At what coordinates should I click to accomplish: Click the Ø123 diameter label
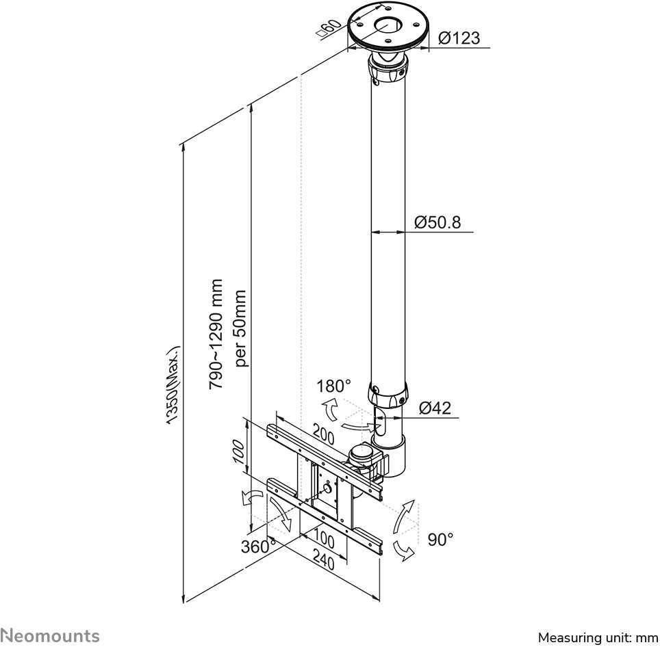459,38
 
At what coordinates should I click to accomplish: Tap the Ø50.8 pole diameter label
437,222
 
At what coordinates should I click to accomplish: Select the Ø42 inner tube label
435,408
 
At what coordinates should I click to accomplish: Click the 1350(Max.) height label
173,385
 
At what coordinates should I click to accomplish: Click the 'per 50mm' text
240,328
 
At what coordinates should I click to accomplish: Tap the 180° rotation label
333,386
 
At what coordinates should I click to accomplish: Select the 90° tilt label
440,540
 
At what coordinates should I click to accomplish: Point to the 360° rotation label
258,546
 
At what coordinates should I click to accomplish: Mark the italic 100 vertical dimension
238,451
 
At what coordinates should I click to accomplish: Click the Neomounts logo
50,635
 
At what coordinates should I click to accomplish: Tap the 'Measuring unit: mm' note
598,637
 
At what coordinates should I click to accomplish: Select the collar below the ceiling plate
388,70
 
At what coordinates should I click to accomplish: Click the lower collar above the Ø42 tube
388,394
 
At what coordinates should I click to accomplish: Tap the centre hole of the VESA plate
327,488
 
